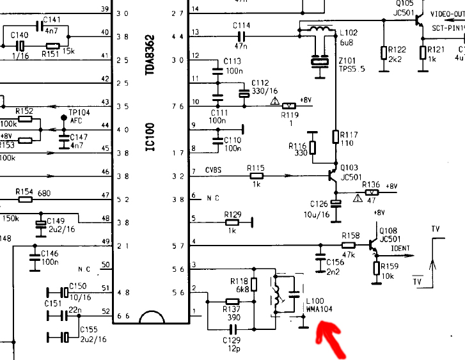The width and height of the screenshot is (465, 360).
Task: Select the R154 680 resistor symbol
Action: click(26, 200)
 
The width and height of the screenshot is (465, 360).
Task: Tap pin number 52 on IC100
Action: click(106, 312)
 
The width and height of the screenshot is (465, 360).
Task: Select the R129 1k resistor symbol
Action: click(232, 223)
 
